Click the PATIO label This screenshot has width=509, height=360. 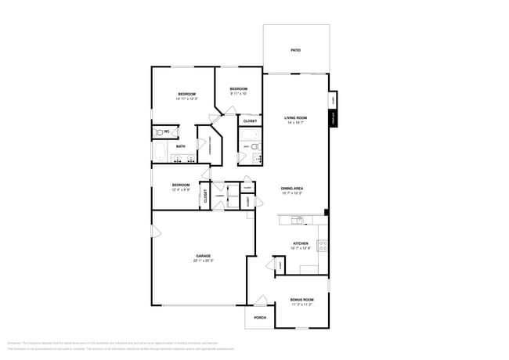(296, 50)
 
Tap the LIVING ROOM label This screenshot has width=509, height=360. (296, 118)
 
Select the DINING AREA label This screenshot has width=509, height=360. (292, 189)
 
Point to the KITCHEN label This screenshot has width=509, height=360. (301, 243)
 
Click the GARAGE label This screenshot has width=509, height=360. (204, 256)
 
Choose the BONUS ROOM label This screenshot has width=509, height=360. (301, 300)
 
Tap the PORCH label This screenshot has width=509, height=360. (260, 318)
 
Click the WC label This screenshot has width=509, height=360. (167, 131)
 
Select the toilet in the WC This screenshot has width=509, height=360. (158, 131)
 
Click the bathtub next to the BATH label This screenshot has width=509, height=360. (161, 153)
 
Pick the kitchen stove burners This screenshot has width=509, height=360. (322, 244)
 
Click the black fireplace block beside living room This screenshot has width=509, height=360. (333, 119)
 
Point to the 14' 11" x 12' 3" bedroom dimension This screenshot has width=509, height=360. (186, 99)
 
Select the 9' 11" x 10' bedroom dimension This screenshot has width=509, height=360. (238, 94)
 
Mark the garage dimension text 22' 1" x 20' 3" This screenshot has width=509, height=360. (204, 261)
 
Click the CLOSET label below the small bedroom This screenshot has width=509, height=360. (251, 121)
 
